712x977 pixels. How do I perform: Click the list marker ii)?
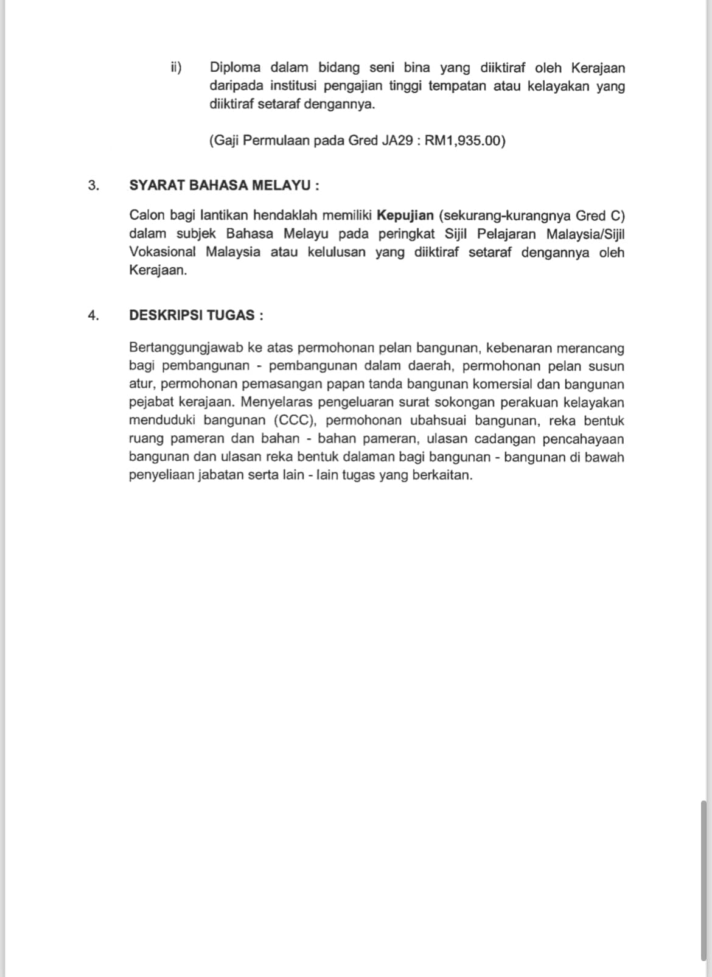pyautogui.click(x=176, y=68)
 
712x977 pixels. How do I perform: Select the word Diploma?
pyautogui.click(x=235, y=68)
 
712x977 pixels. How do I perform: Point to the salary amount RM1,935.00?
pyautogui.click(x=464, y=141)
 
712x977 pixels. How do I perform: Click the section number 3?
pyautogui.click(x=93, y=185)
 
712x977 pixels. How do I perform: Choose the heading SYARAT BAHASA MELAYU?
pyautogui.click(x=224, y=185)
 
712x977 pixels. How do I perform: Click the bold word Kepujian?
pyautogui.click(x=405, y=215)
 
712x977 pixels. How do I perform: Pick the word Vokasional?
pyautogui.click(x=162, y=252)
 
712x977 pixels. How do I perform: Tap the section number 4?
pyautogui.click(x=93, y=315)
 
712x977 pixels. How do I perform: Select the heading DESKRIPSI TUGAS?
pyautogui.click(x=196, y=315)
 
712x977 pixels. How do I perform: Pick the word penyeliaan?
pyautogui.click(x=161, y=475)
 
